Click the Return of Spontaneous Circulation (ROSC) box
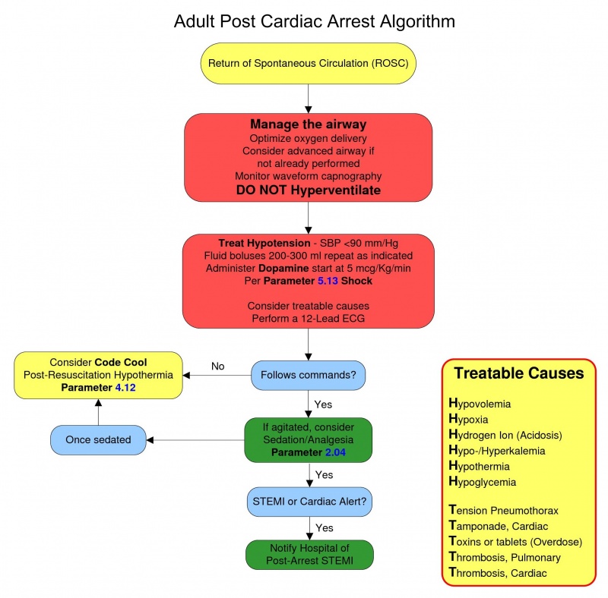[x=308, y=63]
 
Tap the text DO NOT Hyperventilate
[x=308, y=190]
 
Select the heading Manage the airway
[x=308, y=124]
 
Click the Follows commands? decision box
[x=308, y=375]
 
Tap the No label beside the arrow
[x=218, y=367]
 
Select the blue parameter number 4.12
[x=129, y=389]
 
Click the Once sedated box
[x=98, y=440]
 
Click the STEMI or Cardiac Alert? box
[x=308, y=501]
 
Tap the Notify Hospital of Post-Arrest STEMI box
[x=308, y=554]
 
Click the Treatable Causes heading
[x=518, y=373]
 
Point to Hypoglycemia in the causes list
[x=483, y=482]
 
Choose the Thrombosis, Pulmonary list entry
[x=505, y=557]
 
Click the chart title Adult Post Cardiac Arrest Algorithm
[x=315, y=20]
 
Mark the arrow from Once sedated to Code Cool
[x=98, y=414]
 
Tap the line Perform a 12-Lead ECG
[x=308, y=318]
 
